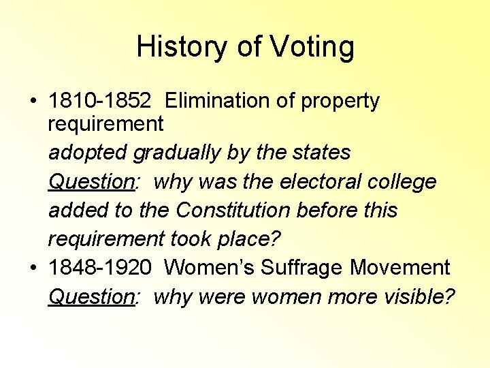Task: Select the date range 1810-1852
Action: pos(100,101)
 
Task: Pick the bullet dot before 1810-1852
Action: pos(34,102)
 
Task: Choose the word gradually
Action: pos(174,153)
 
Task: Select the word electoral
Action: pos(330,181)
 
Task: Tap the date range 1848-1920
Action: pos(100,268)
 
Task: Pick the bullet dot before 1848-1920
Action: pos(34,269)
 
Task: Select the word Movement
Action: pos(400,268)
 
